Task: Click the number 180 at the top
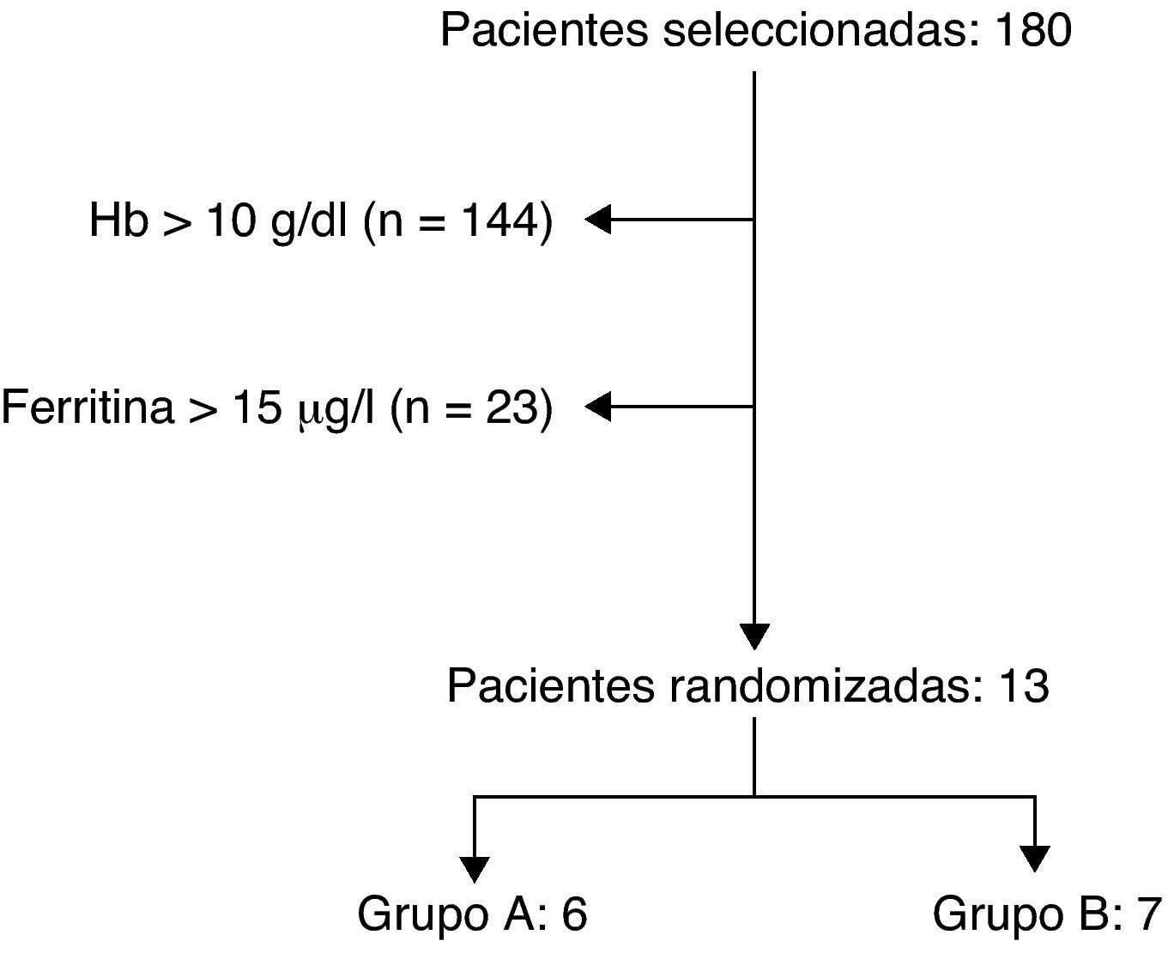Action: [x=1033, y=31]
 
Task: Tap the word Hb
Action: [x=118, y=221]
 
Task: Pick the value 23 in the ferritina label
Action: [x=513, y=407]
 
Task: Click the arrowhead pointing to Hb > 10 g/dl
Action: [x=598, y=220]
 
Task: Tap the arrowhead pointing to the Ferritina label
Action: [x=598, y=407]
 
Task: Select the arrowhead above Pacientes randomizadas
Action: [x=754, y=636]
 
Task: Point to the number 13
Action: [x=1024, y=686]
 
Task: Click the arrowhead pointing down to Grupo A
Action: [x=474, y=868]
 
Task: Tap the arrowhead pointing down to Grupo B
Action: [x=1035, y=859]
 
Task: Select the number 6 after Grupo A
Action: [x=574, y=914]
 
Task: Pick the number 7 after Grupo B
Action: [x=1149, y=914]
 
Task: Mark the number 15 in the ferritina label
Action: [x=256, y=407]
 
